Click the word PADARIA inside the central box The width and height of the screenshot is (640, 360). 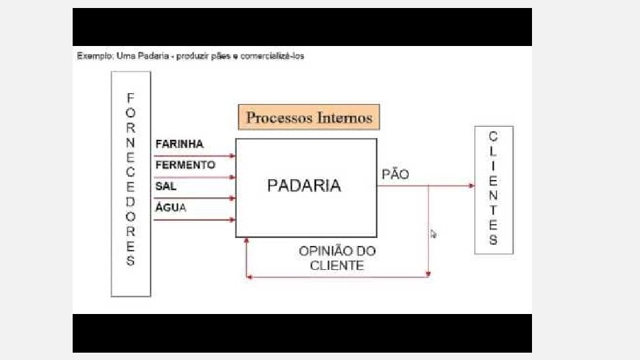tap(304, 185)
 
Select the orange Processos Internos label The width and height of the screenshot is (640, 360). tap(309, 117)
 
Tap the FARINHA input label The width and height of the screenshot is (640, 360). tap(179, 144)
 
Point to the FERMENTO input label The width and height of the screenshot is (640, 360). tap(185, 165)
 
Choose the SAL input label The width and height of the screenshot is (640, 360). tap(165, 186)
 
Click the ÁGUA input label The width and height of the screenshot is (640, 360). tap(171, 207)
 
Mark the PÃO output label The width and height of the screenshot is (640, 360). tap(395, 175)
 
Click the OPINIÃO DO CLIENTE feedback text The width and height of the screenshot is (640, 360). tap(337, 258)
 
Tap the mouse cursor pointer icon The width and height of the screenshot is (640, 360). tap(433, 234)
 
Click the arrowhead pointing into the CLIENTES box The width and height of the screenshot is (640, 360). tap(471, 185)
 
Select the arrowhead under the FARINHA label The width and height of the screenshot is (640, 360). tap(233, 156)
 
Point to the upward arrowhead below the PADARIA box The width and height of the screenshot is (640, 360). tap(247, 241)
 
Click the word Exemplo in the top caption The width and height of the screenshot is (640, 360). tap(94, 56)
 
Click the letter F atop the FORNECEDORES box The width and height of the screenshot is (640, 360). tap(131, 97)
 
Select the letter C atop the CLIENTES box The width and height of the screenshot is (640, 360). tap(493, 137)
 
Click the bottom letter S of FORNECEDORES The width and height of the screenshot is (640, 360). tap(131, 261)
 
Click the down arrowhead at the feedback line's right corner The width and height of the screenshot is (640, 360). tap(429, 273)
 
